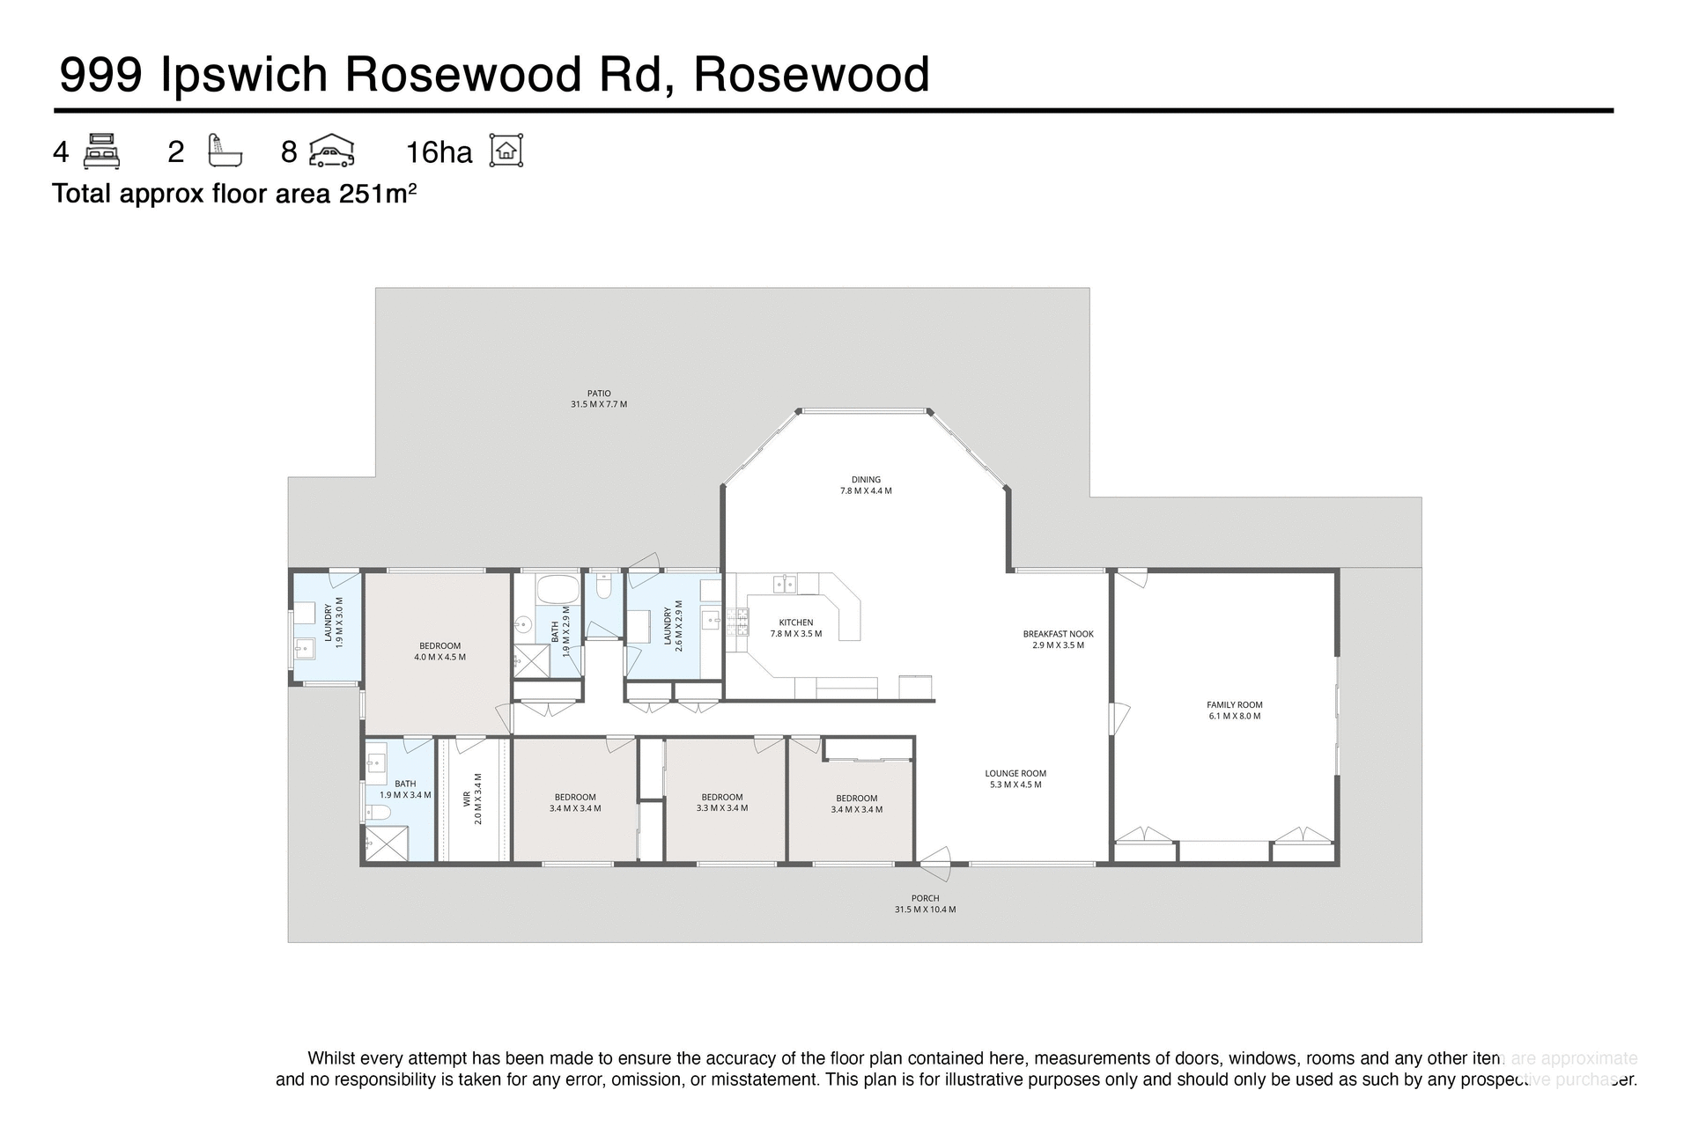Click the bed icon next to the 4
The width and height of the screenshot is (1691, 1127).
coord(101,151)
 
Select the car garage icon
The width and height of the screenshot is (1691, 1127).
coord(331,151)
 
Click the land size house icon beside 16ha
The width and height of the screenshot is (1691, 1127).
coord(506,151)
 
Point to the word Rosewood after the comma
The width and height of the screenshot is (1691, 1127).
coord(811,74)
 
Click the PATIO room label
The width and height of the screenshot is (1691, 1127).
coord(599,399)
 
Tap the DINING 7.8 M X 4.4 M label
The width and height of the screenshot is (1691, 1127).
coord(866,485)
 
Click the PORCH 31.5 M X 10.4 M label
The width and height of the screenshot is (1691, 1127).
coord(925,903)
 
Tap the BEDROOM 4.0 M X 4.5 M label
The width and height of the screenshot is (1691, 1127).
coord(439,651)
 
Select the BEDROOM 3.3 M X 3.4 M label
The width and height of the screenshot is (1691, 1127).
coord(721,802)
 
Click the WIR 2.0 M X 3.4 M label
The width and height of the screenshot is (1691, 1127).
coord(472,799)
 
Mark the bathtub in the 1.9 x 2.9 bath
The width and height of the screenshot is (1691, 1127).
coord(557,588)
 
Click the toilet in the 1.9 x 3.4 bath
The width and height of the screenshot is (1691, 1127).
coord(376,812)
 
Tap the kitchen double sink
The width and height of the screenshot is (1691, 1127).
coord(785,584)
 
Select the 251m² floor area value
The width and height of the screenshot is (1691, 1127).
coord(378,193)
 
